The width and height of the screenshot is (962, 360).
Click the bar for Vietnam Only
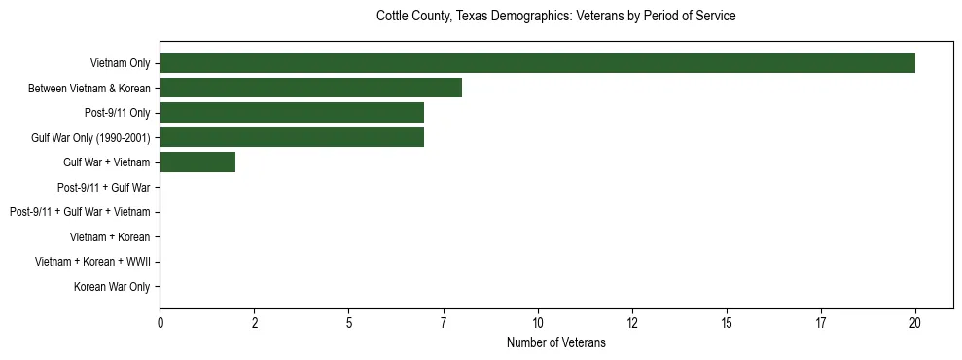click(537, 63)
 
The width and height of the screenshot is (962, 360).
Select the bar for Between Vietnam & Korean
click(310, 89)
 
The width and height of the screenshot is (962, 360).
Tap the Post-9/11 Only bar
click(292, 113)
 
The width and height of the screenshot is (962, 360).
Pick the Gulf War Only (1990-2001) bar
click(292, 138)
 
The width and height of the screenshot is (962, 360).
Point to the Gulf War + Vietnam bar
click(197, 162)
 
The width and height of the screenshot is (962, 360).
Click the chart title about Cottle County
click(555, 17)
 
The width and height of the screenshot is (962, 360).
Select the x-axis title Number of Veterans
click(555, 342)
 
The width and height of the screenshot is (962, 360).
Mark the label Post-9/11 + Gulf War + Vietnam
click(80, 212)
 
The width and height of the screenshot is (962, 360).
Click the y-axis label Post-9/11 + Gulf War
click(103, 188)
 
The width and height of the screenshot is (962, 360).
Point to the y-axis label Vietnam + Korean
click(110, 237)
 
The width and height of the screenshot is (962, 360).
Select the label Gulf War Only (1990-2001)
click(90, 138)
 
